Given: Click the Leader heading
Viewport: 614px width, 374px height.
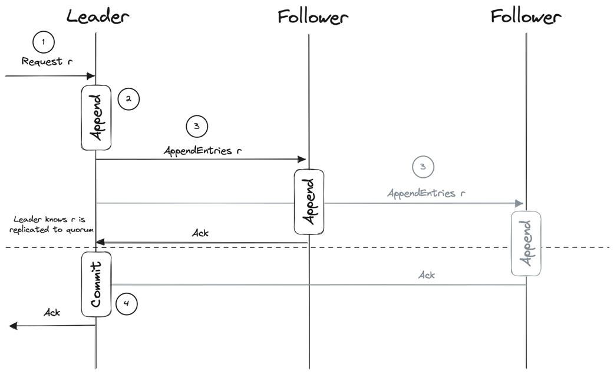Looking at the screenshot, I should click(97, 16).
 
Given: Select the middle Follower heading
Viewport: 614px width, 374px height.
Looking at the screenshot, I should click(313, 16).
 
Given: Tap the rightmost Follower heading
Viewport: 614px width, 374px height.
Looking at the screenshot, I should click(526, 16).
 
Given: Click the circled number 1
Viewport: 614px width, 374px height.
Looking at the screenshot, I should click(44, 42).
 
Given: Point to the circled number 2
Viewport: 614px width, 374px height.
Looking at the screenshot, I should click(128, 100).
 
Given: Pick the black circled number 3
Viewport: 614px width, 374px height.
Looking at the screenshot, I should click(197, 125).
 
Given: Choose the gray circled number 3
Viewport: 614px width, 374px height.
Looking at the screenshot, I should click(422, 167).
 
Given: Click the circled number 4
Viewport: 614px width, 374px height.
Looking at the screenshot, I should click(127, 304).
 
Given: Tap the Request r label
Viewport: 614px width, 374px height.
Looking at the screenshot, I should click(47, 61).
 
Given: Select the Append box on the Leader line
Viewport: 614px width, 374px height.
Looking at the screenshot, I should click(95, 118).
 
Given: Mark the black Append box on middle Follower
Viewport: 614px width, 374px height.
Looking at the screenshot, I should click(309, 202).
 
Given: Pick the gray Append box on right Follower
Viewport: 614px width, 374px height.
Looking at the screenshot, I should click(526, 243).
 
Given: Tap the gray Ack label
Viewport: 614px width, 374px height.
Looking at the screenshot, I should click(427, 275).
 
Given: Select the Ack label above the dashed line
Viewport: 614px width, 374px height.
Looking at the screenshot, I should click(200, 233).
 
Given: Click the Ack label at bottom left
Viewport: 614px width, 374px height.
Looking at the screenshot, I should click(52, 312).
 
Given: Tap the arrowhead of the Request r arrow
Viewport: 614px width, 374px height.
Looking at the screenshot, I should click(92, 76).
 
